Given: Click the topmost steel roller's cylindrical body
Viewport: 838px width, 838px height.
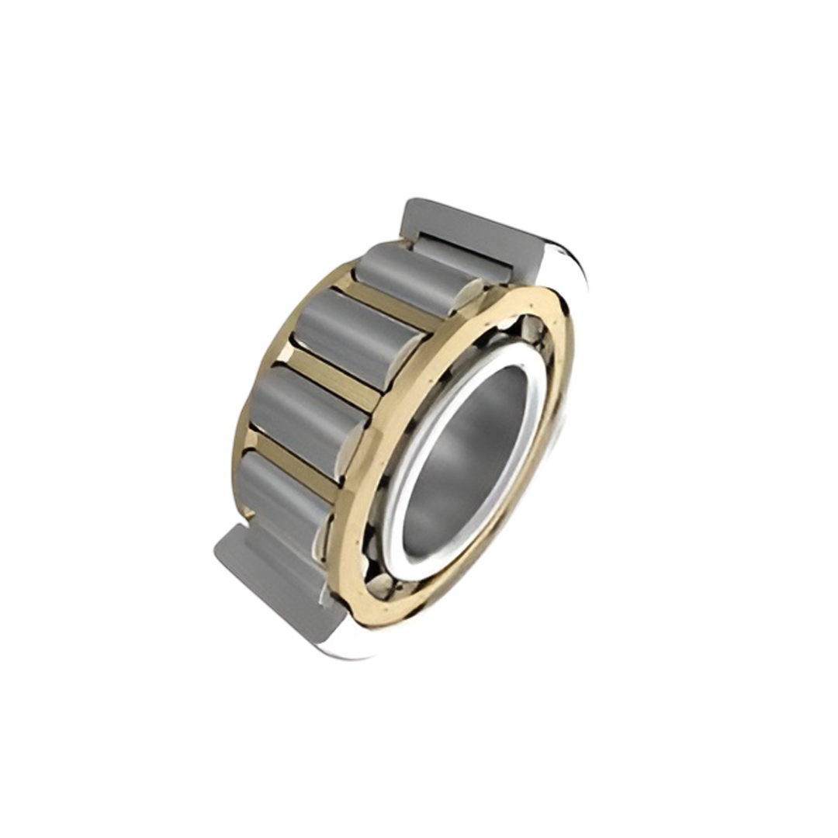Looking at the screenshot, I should pos(411,275).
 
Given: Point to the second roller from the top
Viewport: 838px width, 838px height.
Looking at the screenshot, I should pos(357,338).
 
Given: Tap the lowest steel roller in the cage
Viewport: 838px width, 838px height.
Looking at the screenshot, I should pos(279,497).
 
